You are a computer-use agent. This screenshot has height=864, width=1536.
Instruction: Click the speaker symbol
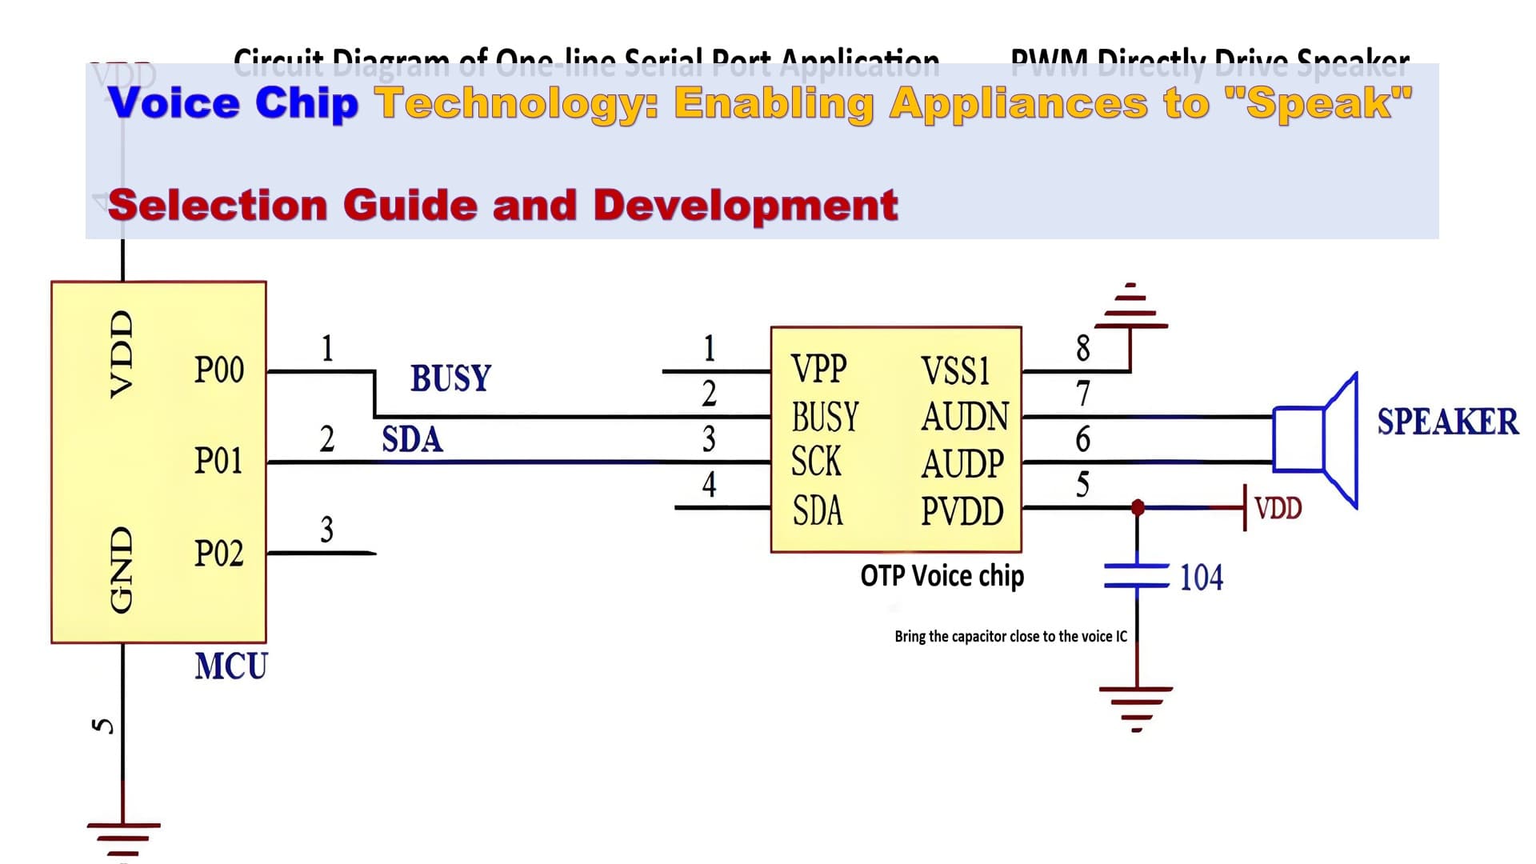tap(1316, 440)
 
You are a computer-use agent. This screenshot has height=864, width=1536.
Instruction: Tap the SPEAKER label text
tap(1447, 422)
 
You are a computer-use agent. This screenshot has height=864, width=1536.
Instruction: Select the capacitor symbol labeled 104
tap(1136, 576)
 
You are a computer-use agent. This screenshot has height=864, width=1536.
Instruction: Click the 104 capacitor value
tap(1201, 578)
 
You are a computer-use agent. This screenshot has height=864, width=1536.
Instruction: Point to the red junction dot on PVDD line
tap(1138, 507)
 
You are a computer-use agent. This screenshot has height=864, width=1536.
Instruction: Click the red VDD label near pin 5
tap(1278, 508)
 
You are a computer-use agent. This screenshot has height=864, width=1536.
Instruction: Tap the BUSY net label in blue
tap(450, 378)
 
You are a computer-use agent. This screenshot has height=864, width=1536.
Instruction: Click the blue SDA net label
tap(412, 440)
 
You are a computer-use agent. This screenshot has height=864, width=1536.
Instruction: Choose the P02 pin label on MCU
tap(218, 554)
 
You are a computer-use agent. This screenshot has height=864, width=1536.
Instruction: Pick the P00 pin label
tap(218, 370)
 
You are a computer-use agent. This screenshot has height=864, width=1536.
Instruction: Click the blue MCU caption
tap(231, 666)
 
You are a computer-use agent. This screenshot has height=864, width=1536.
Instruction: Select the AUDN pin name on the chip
tap(965, 417)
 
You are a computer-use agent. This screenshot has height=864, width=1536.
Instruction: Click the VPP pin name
tap(818, 370)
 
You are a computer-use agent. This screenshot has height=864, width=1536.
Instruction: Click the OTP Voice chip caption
tap(942, 576)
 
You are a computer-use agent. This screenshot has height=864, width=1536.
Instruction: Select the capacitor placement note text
tap(1010, 636)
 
